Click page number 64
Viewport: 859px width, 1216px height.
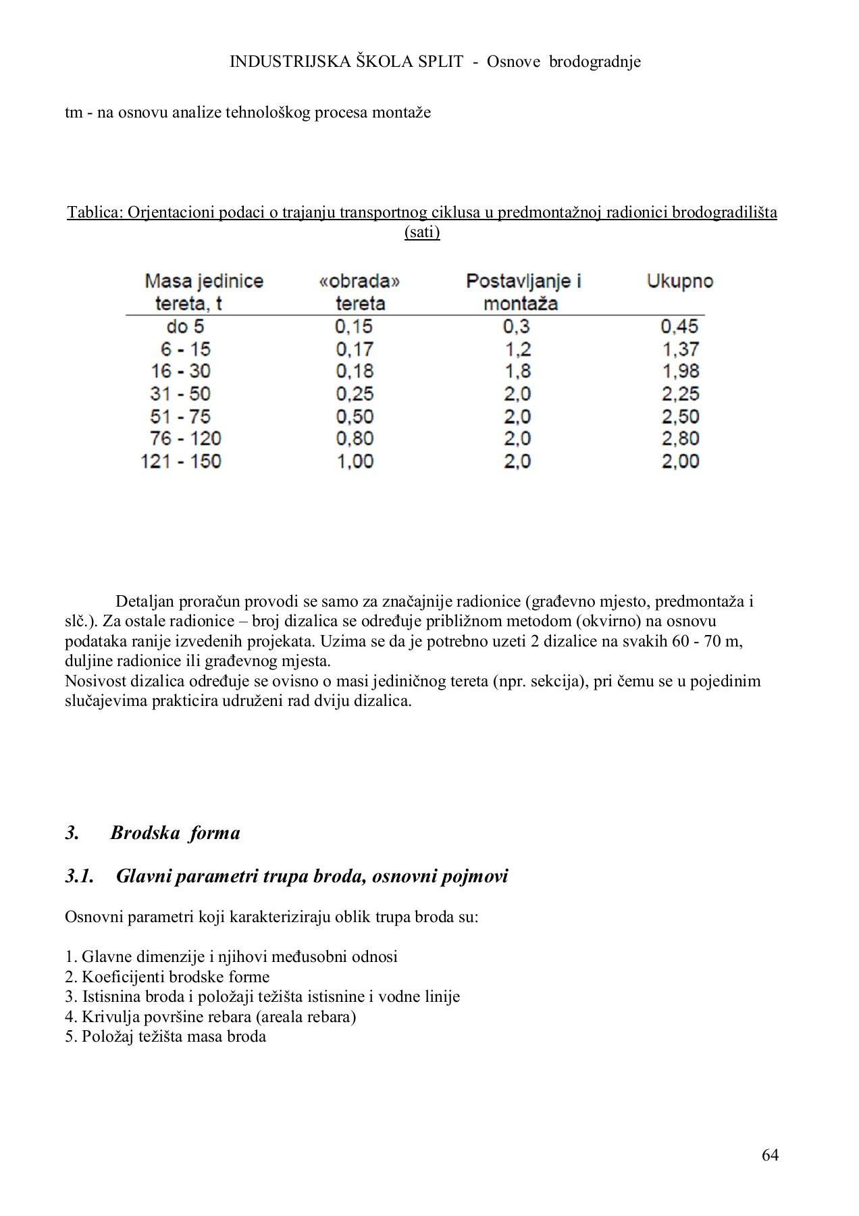(x=770, y=1155)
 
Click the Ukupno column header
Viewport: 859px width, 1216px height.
(x=679, y=281)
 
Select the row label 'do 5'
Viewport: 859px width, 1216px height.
(x=185, y=327)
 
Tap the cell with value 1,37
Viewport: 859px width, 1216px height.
(x=679, y=349)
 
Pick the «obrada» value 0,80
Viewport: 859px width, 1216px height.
(x=355, y=439)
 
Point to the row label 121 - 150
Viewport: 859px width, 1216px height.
(x=181, y=461)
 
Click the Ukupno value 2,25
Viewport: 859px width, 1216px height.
(x=679, y=394)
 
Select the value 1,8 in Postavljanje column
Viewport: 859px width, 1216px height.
(x=517, y=372)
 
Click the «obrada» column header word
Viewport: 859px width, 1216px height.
(x=359, y=281)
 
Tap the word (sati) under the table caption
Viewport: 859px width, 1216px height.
(x=422, y=232)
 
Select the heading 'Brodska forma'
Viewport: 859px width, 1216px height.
(x=175, y=832)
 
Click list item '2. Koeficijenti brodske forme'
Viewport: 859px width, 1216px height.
(x=167, y=977)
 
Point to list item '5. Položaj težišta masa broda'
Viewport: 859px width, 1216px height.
(x=165, y=1036)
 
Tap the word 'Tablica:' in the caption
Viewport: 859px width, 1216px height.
(x=95, y=213)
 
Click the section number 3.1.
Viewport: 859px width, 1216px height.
(x=79, y=876)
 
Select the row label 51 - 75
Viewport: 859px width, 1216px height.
(x=180, y=417)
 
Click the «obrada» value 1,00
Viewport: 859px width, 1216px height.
(x=355, y=461)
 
